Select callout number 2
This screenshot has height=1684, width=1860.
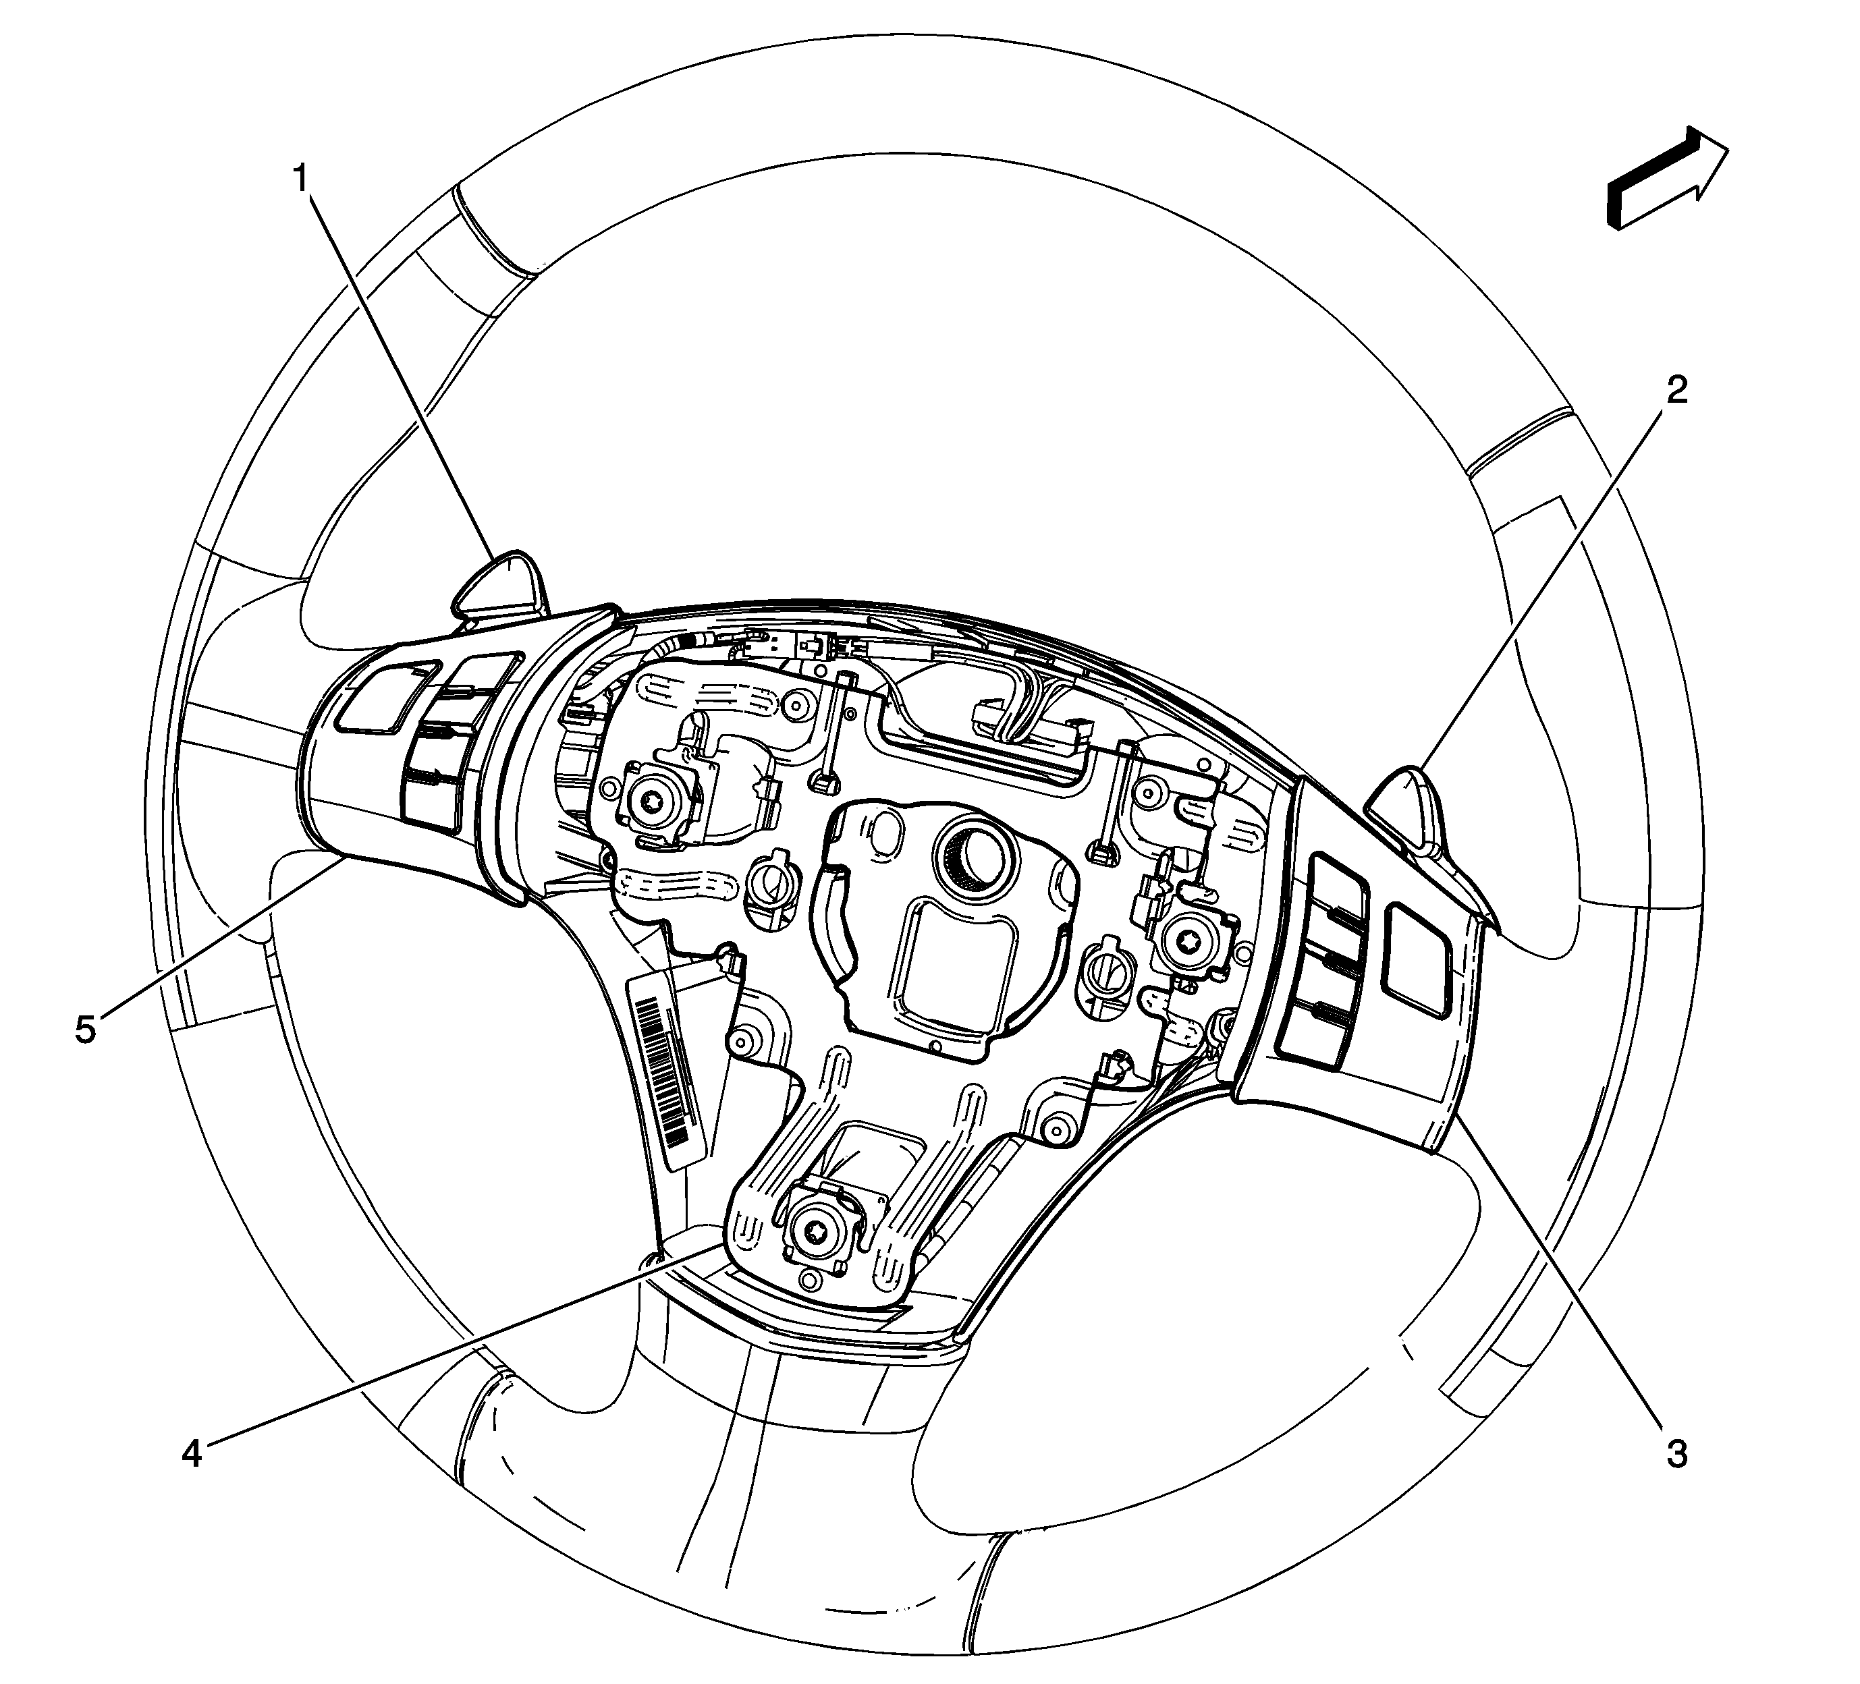pos(1676,390)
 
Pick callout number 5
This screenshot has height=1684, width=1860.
pos(85,1029)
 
